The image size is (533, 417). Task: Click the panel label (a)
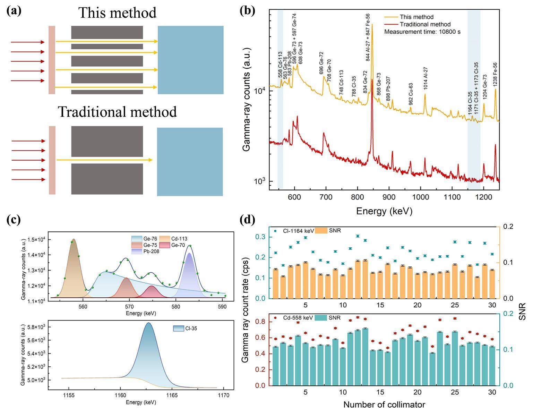(x=14, y=11)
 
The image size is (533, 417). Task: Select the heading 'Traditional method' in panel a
(x=117, y=112)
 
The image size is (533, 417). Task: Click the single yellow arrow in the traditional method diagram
(x=104, y=160)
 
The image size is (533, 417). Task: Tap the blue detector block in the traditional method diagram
(x=190, y=162)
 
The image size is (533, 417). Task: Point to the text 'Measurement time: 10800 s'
(x=422, y=32)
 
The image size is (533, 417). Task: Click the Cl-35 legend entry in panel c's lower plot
(x=186, y=328)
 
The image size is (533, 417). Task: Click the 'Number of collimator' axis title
(x=384, y=405)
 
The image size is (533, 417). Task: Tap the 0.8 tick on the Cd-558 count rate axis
(x=261, y=322)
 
